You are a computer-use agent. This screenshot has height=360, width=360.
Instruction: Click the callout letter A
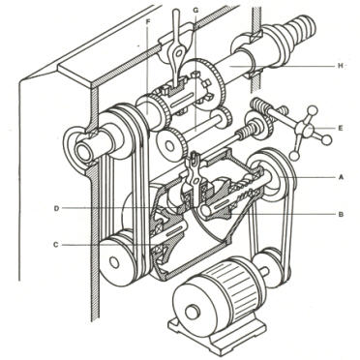[340, 177]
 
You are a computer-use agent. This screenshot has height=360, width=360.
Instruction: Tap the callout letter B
[341, 214]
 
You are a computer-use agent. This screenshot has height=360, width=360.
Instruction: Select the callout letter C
[56, 245]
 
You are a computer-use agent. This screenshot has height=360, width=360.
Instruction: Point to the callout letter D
[56, 208]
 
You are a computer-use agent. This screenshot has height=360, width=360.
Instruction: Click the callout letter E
[340, 128]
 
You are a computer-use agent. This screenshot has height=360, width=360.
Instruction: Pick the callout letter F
[148, 21]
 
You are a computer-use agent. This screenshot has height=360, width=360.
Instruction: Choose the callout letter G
[195, 10]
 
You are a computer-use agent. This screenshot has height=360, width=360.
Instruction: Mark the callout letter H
[340, 66]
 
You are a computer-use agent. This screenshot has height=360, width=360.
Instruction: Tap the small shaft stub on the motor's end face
[193, 313]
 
